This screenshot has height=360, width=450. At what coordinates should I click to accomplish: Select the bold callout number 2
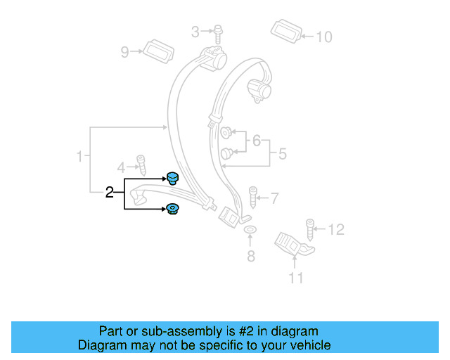click(109, 192)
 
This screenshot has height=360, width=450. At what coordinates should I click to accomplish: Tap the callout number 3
click(195, 31)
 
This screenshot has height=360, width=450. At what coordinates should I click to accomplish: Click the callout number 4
click(121, 167)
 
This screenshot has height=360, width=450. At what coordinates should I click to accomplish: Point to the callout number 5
click(281, 153)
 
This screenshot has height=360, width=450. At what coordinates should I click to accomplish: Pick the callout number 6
click(257, 141)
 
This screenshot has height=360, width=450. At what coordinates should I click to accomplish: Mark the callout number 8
click(251, 256)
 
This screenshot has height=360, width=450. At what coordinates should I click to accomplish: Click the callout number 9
click(125, 51)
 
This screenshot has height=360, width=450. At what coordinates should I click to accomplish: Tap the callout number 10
click(323, 36)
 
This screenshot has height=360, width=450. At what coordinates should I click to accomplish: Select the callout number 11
click(296, 278)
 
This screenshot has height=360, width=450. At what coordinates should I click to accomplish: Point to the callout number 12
click(336, 229)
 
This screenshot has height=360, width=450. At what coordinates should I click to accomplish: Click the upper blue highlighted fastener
click(172, 178)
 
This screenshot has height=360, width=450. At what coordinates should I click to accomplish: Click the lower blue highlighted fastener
click(172, 209)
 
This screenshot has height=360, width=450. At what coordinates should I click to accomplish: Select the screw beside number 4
click(141, 165)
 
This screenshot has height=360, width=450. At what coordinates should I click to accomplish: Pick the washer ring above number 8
click(250, 231)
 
